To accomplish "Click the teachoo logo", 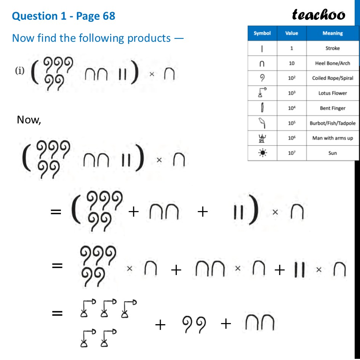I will (x=318, y=14).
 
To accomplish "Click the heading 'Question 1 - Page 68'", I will (x=64, y=16).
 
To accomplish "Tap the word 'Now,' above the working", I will (x=29, y=120).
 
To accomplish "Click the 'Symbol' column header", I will (x=262, y=33).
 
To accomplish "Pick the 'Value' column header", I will (x=291, y=33).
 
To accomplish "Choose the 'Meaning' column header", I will (x=332, y=33).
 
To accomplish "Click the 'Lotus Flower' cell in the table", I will (x=332, y=93).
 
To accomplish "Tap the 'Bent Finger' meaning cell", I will (x=332, y=108).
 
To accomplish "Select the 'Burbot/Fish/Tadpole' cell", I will (x=332, y=123).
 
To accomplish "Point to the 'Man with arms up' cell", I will (x=332, y=138).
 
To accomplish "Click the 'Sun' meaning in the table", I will (x=332, y=153).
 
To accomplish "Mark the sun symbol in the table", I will (x=262, y=153).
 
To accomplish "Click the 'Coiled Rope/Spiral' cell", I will (x=332, y=78).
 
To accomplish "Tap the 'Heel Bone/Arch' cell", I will (x=332, y=63).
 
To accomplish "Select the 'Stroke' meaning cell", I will (x=332, y=48).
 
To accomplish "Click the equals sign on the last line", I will (x=57, y=314).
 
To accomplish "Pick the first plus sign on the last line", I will (x=160, y=325).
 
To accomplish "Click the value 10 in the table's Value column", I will (x=291, y=63).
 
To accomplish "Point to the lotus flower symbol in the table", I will (x=262, y=93).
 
